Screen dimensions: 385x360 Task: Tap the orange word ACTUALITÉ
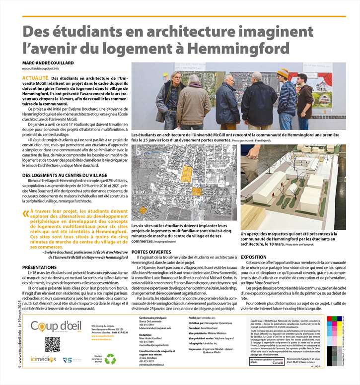[x=35, y=78]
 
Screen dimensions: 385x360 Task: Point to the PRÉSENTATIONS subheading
[x=39, y=267]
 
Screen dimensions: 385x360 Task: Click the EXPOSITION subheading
[x=253, y=257]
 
